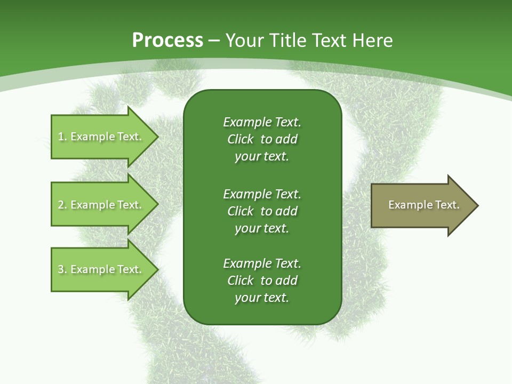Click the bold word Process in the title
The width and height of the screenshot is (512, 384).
pos(167,41)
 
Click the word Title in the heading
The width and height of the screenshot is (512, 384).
pos(286,41)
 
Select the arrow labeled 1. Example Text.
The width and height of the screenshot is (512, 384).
pos(101,137)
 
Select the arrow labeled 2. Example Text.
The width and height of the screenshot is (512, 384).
pos(101,205)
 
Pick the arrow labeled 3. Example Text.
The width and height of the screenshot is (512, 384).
pos(101,269)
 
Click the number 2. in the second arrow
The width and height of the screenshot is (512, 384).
pos(62,205)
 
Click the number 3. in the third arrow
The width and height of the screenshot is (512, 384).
pos(62,269)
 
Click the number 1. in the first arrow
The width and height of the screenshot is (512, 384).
pos(62,137)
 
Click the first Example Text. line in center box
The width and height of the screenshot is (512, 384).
pos(262,122)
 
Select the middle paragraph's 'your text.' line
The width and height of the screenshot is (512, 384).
pos(262,228)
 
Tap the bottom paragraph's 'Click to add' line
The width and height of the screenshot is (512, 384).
pos(262,281)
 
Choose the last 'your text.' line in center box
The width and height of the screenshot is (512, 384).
pos(262,298)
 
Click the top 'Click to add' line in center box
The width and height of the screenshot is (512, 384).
pos(262,139)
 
